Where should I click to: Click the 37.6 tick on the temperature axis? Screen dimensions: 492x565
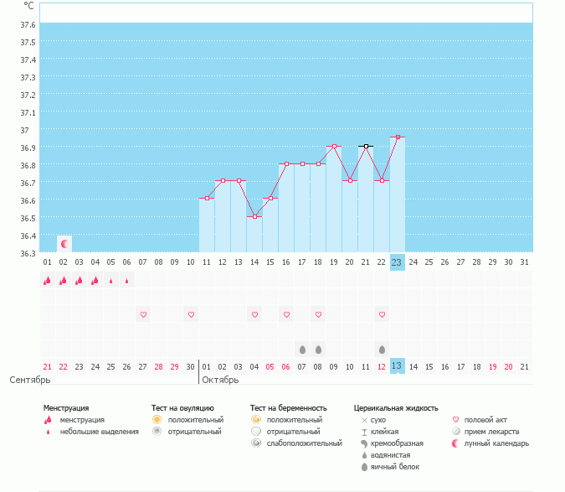(27, 24)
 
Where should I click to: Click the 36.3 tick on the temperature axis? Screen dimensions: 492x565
(27, 253)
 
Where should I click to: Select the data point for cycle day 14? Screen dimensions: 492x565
(254, 216)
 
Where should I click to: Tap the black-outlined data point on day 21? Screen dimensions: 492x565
(366, 147)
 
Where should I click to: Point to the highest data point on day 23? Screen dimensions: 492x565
(398, 137)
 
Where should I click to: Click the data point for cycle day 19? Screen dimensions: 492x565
(334, 147)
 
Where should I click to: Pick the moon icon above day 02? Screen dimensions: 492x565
(64, 243)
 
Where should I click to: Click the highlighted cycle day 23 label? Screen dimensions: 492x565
(397, 262)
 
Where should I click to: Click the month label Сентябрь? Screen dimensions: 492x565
(30, 380)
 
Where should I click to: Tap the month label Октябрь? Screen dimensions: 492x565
(220, 380)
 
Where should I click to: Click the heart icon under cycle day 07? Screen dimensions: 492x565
(143, 314)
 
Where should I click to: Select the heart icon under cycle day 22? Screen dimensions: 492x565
(382, 314)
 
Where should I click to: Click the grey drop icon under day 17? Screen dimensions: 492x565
(302, 349)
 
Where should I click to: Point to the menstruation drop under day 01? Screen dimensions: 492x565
(48, 281)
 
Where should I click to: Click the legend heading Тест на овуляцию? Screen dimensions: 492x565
(182, 408)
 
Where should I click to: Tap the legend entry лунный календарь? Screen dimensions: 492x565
(497, 443)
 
